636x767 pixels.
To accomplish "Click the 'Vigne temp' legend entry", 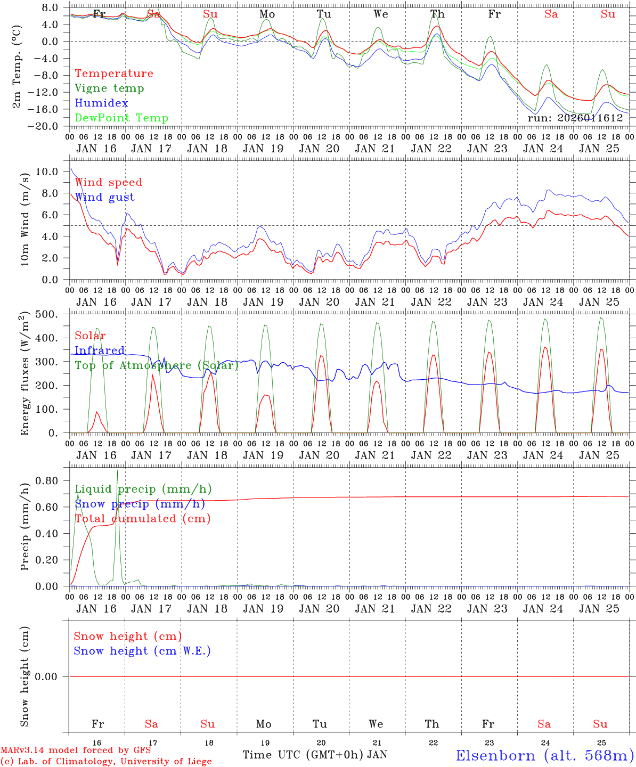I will click(x=109, y=88).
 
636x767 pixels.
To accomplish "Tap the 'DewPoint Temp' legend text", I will click(x=121, y=118).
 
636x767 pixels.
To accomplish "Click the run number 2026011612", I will click(x=575, y=118).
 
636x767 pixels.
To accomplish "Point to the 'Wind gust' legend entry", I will click(x=104, y=197).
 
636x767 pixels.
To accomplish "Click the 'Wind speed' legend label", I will click(x=109, y=182).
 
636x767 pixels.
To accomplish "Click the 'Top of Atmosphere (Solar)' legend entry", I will click(x=157, y=365).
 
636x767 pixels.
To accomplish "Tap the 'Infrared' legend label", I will click(x=100, y=350).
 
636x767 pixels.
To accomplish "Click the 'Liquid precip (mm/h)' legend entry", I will click(x=143, y=489).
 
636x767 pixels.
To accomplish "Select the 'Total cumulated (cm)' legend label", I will click(x=142, y=518).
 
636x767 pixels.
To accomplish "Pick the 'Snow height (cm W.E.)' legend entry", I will click(x=142, y=651).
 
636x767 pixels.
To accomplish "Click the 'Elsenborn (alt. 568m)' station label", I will click(x=544, y=755).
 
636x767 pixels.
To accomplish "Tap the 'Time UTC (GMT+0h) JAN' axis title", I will click(x=315, y=755).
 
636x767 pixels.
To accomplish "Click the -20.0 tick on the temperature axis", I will click(x=47, y=126).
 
